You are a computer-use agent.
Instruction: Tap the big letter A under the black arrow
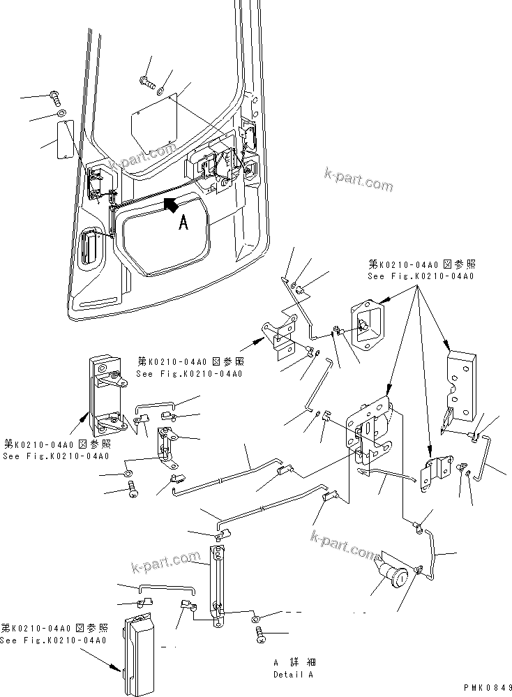click(x=183, y=223)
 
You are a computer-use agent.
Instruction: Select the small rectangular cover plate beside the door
click(x=66, y=139)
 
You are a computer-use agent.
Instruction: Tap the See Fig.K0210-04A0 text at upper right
click(x=421, y=276)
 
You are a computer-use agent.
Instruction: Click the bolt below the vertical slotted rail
click(x=260, y=636)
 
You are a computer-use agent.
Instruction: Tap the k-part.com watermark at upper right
click(x=359, y=179)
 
